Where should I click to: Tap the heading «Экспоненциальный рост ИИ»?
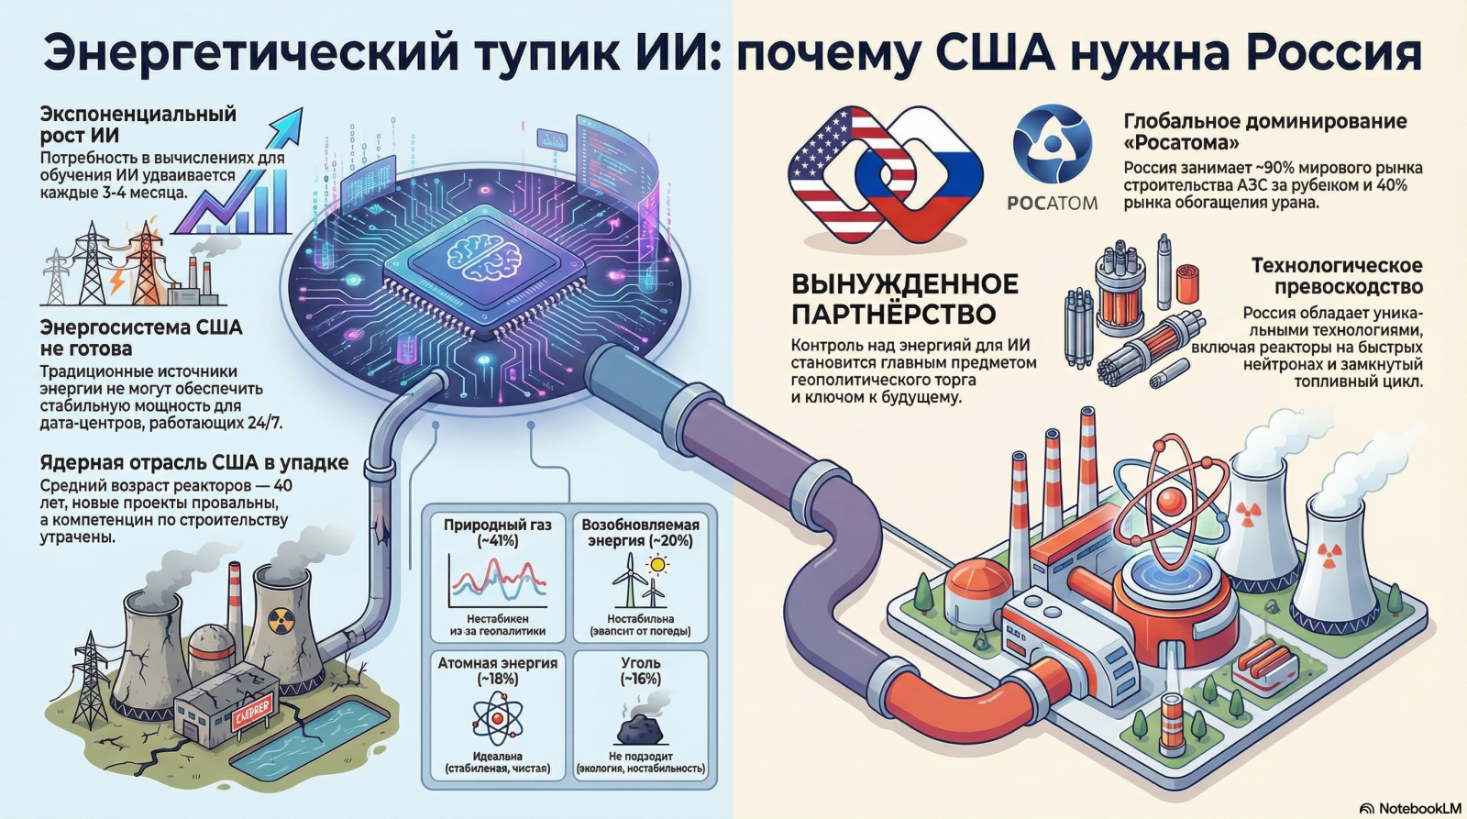click(138, 125)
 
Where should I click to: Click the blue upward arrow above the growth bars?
click(284, 128)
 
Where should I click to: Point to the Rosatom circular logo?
click(1053, 145)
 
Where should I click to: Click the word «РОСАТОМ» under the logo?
click(1052, 203)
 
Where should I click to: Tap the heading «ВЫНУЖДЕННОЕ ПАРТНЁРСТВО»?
click(904, 299)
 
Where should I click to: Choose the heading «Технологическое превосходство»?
click(1337, 276)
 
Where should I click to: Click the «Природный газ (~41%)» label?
click(498, 533)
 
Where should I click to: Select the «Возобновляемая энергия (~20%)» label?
click(640, 533)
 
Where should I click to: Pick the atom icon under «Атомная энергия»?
click(497, 719)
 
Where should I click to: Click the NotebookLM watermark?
click(1409, 808)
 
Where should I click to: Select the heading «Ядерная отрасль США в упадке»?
click(194, 462)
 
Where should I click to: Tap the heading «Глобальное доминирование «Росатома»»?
click(1265, 132)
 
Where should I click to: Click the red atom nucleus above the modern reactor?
click(1171, 501)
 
